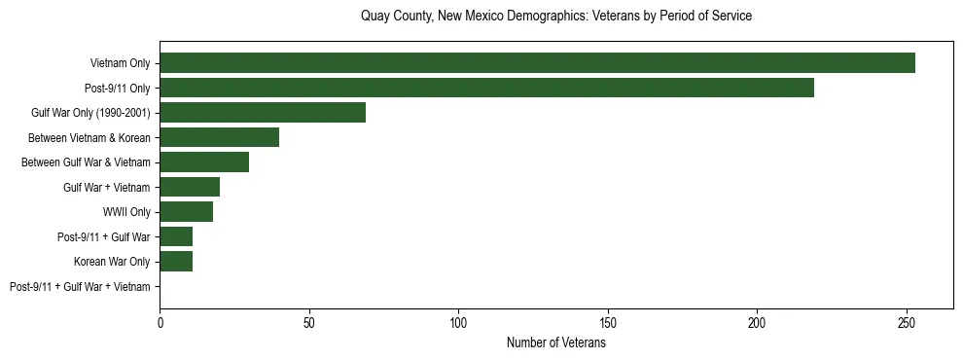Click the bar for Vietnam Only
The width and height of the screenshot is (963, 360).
click(537, 63)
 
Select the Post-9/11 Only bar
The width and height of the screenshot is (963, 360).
click(486, 88)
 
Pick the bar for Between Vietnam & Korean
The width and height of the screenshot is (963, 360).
click(219, 137)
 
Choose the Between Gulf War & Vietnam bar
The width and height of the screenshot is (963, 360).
click(204, 162)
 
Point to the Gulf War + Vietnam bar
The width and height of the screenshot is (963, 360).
click(190, 187)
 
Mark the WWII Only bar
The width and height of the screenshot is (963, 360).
click(186, 212)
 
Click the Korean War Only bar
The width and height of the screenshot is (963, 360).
click(176, 262)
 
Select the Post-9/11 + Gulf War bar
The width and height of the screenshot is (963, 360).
click(176, 236)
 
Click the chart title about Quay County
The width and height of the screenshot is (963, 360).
click(555, 17)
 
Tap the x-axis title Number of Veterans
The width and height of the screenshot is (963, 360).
click(555, 343)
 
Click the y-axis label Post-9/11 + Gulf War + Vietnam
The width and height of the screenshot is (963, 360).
click(80, 287)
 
